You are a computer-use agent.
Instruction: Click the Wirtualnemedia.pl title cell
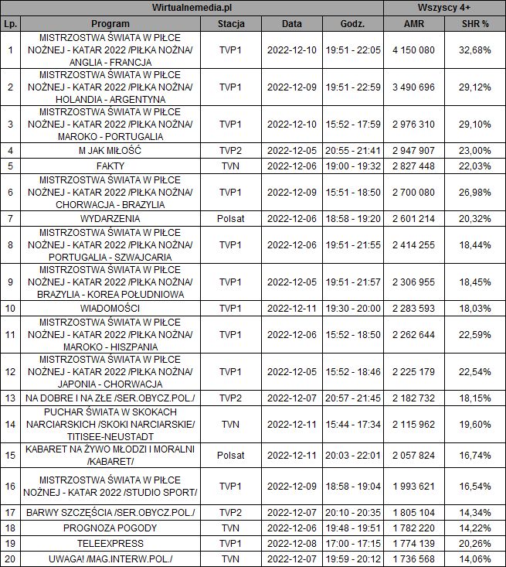coord(192,7)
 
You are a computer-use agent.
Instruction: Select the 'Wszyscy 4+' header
coord(445,7)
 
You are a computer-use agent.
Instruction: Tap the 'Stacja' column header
coord(231,24)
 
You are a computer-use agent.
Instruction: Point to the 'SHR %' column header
coord(475,24)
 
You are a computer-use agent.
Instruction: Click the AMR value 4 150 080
coord(413,50)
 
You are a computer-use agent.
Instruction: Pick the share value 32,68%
coord(475,50)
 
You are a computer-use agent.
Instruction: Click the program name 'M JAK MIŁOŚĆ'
coord(110,150)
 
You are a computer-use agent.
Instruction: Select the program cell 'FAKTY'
coord(110,166)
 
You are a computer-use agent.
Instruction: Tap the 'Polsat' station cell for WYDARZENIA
coord(231,218)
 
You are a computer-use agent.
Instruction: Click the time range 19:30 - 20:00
coord(353,308)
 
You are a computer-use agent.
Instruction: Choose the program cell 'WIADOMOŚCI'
coord(110,308)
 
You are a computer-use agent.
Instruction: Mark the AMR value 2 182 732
coord(413,398)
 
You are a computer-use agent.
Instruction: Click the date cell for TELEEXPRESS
coord(291,543)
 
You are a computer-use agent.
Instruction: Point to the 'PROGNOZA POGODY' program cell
coord(110,528)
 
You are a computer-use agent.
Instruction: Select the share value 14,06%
coord(475,558)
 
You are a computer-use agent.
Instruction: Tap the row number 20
coord(10,558)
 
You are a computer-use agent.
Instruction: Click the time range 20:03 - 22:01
coord(353,454)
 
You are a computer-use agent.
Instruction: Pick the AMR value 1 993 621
coord(413,485)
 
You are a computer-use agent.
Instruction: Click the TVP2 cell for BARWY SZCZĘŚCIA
coord(231,512)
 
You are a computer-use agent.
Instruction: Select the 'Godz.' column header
coord(353,24)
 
